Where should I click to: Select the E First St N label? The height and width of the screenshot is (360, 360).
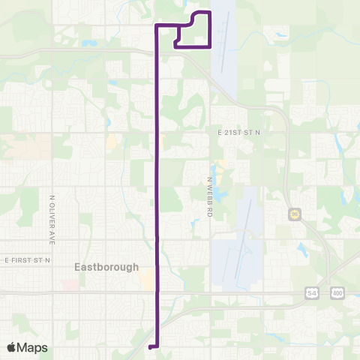27,259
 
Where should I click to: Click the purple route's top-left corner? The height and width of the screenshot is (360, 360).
156,26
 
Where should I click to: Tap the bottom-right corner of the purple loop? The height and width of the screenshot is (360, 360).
210,46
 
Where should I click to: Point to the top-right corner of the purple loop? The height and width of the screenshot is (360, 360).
210,13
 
